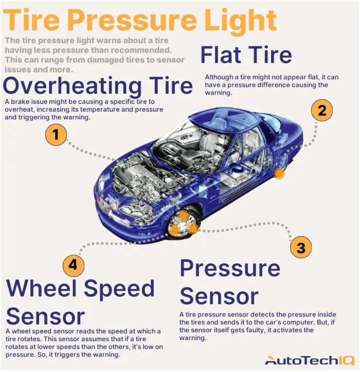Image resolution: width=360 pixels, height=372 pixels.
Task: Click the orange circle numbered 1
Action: [x=56, y=135]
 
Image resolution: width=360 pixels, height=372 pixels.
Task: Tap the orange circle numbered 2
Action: [x=322, y=110]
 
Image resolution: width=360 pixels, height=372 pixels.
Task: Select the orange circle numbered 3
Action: [x=301, y=247]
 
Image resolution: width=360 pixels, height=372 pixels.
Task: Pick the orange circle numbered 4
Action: [x=73, y=265]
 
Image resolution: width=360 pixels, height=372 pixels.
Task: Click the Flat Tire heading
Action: [x=246, y=55]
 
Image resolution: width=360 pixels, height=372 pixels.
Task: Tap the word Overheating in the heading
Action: [x=73, y=86]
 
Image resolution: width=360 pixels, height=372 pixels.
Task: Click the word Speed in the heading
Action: [x=119, y=290]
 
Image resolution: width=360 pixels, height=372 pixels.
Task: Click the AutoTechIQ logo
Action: [x=310, y=361]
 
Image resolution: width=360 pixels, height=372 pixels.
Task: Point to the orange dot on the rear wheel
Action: [x=280, y=174]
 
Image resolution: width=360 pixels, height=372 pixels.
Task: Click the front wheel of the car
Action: [x=184, y=224]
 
